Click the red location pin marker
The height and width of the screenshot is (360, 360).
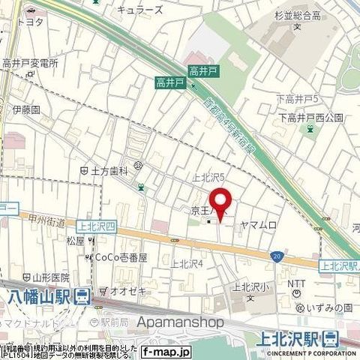[219, 202]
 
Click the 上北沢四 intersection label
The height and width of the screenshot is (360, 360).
[94, 223]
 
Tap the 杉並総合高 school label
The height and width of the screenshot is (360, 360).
[296, 14]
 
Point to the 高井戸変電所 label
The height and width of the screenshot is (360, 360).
[30, 64]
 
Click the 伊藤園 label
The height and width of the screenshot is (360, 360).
[25, 109]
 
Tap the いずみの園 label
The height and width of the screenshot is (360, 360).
[328, 308]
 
